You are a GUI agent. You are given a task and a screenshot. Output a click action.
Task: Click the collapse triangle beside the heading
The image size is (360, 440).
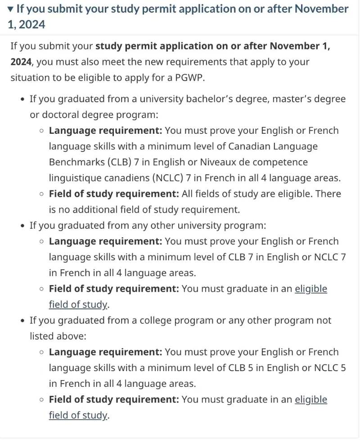(x=11, y=9)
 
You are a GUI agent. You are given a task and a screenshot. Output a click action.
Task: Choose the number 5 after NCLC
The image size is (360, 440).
(x=343, y=368)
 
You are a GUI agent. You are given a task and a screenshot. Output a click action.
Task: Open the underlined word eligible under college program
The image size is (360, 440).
(x=311, y=399)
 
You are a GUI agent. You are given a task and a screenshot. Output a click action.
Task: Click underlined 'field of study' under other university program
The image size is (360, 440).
(x=78, y=304)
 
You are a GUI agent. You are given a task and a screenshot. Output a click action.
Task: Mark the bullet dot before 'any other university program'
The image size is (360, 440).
(x=22, y=226)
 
